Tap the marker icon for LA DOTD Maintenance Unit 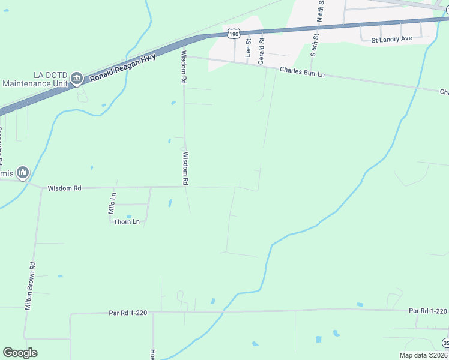(77, 79)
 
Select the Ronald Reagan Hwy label (122, 67)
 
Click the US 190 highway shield (234, 34)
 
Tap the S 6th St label (313, 46)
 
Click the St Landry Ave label (392, 39)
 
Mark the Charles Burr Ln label (302, 73)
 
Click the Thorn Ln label (127, 222)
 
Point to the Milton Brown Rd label (30, 285)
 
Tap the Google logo (20, 353)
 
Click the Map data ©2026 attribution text (423, 355)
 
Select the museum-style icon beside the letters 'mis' (23, 173)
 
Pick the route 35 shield (445, 343)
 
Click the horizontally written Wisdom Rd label (65, 188)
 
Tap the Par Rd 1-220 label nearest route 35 (428, 311)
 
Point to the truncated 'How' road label (153, 354)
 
